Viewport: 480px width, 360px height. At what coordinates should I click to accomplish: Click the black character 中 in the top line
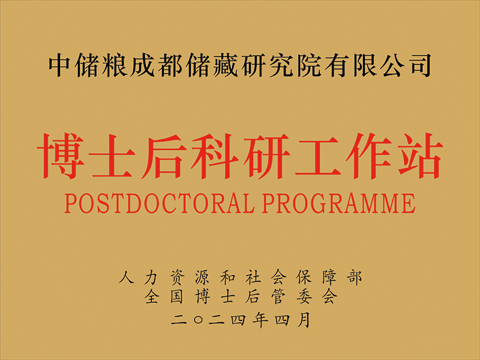[59, 65]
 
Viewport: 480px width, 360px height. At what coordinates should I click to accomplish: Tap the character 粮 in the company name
[115, 65]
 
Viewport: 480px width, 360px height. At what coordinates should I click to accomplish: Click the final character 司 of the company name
[420, 65]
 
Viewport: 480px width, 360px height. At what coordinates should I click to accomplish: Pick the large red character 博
[61, 156]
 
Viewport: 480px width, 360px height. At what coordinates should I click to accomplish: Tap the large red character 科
[215, 156]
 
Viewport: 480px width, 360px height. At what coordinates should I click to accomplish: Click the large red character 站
[420, 156]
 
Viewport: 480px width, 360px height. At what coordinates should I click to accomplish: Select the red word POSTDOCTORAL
[160, 203]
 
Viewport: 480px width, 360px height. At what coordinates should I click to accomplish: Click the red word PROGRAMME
[339, 203]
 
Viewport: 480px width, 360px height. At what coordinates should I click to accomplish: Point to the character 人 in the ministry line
[127, 277]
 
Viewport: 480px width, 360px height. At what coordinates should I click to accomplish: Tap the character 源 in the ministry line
[202, 277]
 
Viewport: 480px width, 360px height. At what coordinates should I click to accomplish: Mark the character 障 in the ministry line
[329, 277]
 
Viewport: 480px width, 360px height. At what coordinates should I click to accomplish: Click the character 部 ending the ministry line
[355, 277]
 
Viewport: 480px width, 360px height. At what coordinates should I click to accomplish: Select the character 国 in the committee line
[176, 296]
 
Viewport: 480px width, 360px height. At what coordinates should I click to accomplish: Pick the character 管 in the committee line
[278, 296]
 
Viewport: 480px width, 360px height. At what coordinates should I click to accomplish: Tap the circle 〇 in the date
[199, 320]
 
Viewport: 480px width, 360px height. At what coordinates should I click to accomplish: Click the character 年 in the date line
[260, 320]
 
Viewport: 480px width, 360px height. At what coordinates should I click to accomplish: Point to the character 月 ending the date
[304, 320]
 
